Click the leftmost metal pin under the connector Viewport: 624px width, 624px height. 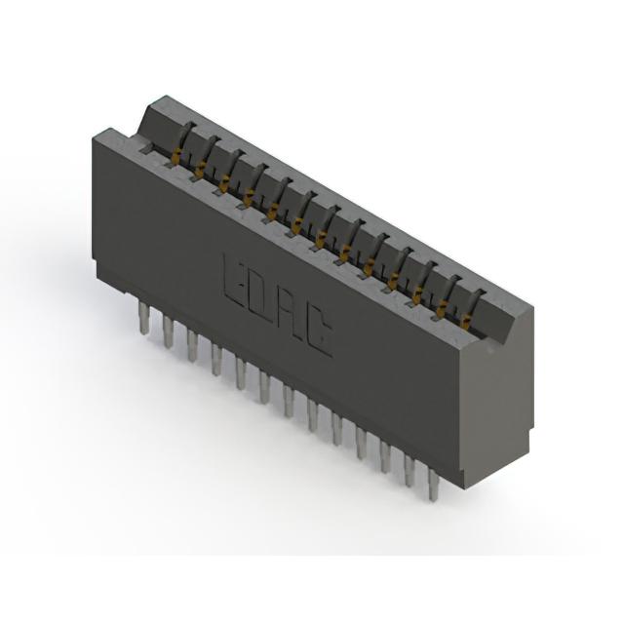143,317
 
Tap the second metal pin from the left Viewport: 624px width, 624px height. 168,332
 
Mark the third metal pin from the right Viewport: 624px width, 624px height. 385,456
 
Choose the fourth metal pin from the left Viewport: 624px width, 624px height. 216,360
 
